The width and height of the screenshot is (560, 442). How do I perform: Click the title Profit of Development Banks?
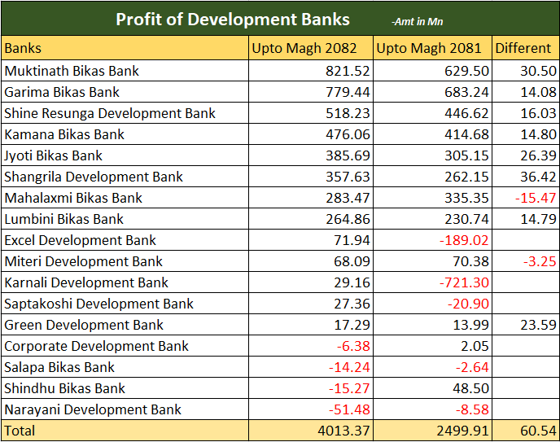(x=232, y=20)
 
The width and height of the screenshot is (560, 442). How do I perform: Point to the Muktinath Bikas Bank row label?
(x=72, y=71)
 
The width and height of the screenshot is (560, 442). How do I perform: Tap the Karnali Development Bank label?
(x=86, y=282)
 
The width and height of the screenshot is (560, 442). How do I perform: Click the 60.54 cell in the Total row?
(x=539, y=430)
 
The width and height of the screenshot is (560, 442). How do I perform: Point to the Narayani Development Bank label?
(x=92, y=409)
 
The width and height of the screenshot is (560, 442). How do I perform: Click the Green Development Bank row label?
(x=84, y=325)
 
